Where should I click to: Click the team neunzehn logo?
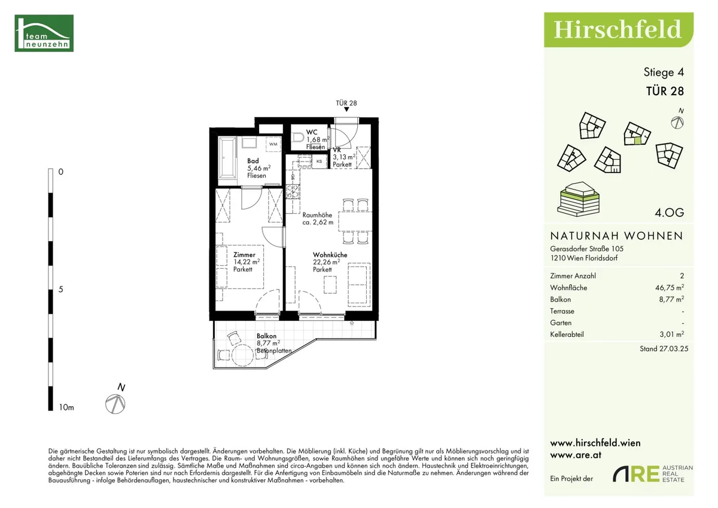[x=44, y=33]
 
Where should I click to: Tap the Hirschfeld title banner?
[x=619, y=30]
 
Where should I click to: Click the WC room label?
[x=312, y=132]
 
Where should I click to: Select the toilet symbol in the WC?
[x=298, y=137]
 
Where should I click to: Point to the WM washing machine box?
[x=273, y=144]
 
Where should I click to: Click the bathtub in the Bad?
[x=227, y=157]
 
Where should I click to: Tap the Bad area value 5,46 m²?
[x=258, y=168]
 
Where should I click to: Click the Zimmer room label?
[x=244, y=255]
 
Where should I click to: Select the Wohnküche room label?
[x=330, y=255]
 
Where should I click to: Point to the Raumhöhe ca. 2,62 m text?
[x=318, y=218]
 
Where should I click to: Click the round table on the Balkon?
[x=243, y=355]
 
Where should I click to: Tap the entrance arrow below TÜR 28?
[x=346, y=109]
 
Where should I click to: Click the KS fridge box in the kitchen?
[x=320, y=161]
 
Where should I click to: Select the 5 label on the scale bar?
[x=60, y=290]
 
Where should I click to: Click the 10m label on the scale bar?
[x=66, y=407]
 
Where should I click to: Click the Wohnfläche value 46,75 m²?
[x=670, y=287]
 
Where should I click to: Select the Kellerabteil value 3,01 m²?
[x=672, y=334]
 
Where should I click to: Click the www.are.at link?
[x=576, y=455]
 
